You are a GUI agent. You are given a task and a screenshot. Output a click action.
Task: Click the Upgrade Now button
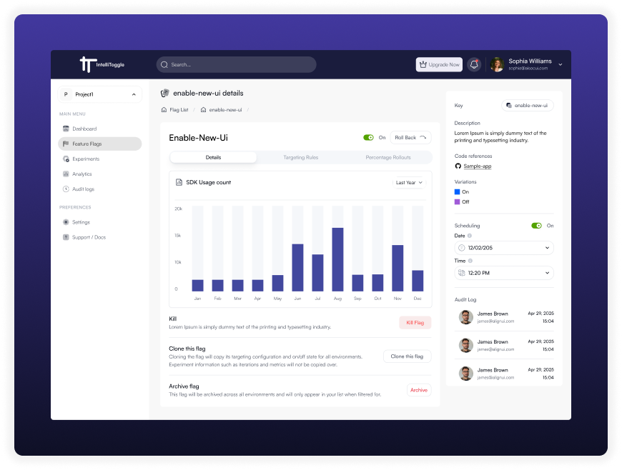pyautogui.click(x=439, y=64)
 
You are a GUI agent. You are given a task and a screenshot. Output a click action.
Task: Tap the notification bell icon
pyautogui.click(x=474, y=64)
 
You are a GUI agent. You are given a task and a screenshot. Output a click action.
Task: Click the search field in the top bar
pyautogui.click(x=236, y=64)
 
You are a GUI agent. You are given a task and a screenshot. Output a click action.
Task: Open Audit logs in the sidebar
pyautogui.click(x=83, y=189)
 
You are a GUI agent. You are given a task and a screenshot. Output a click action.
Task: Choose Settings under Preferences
pyautogui.click(x=81, y=222)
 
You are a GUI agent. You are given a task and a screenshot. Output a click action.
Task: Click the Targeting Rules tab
pyautogui.click(x=300, y=157)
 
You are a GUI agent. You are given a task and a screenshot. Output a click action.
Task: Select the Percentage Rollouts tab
pyautogui.click(x=388, y=157)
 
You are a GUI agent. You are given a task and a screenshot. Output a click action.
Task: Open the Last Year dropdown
pyautogui.click(x=410, y=183)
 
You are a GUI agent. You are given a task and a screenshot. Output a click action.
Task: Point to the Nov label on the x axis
pyautogui.click(x=398, y=299)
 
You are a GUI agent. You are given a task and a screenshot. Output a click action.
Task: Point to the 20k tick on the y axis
pyautogui.click(x=178, y=209)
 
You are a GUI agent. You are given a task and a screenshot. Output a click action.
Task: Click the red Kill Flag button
pyautogui.click(x=415, y=323)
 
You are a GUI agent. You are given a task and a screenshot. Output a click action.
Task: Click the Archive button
pyautogui.click(x=419, y=390)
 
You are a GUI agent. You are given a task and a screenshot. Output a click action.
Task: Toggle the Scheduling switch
pyautogui.click(x=536, y=226)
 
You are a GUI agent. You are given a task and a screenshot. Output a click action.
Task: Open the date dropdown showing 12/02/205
pyautogui.click(x=504, y=248)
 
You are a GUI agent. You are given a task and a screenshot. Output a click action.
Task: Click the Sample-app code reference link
pyautogui.click(x=477, y=166)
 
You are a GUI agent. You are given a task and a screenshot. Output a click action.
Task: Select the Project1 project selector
pyautogui.click(x=99, y=94)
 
